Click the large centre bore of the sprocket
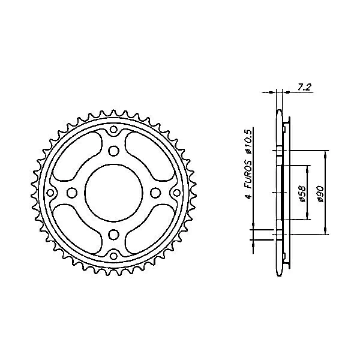[113, 193]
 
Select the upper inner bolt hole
[113, 151]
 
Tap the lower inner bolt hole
[113, 235]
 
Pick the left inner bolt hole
[72, 193]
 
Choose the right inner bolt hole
[155, 193]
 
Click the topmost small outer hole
[113, 130]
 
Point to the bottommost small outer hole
[113, 256]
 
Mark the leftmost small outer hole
[50, 193]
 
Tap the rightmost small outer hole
[177, 193]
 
